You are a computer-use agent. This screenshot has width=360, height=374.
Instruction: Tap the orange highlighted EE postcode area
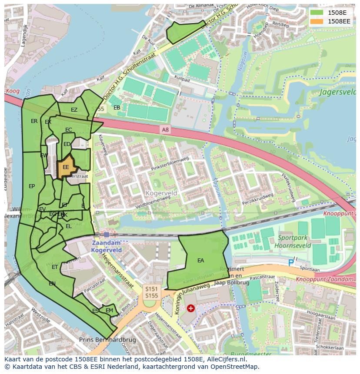pyautogui.click(x=66, y=167)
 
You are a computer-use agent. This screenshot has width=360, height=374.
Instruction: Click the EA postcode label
pyautogui.click(x=200, y=261)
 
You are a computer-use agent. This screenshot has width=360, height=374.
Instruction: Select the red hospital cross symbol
pyautogui.click(x=190, y=308)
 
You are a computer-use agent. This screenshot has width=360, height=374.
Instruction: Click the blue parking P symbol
pyautogui.click(x=291, y=262)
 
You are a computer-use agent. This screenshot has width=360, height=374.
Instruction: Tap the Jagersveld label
pyautogui.click(x=338, y=92)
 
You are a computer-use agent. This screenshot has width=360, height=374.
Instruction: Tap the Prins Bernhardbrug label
pyautogui.click(x=107, y=340)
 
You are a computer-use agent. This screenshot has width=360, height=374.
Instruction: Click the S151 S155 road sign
pyautogui.click(x=151, y=292)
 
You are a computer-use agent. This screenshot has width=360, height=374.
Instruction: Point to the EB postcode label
pyautogui.click(x=117, y=108)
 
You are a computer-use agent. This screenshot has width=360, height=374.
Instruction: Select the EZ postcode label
pyautogui.click(x=74, y=110)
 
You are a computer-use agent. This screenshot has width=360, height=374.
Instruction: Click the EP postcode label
pyautogui.click(x=32, y=186)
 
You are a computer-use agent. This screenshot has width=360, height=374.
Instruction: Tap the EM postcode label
pyautogui.click(x=109, y=311)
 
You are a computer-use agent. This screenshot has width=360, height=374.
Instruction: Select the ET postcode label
pyautogui.click(x=55, y=267)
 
